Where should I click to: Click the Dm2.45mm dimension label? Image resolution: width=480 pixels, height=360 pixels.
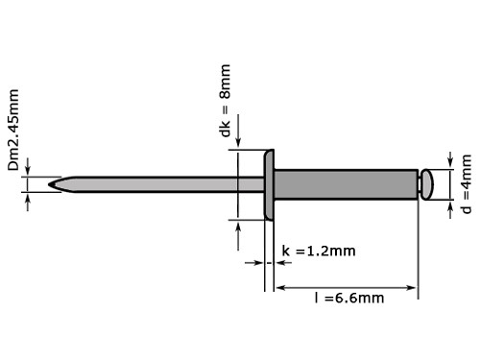(13, 131)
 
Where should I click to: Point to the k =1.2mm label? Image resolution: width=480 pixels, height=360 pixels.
(318, 252)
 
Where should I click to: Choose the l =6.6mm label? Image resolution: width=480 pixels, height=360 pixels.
(349, 298)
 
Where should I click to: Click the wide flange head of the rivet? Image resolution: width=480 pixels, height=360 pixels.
(270, 183)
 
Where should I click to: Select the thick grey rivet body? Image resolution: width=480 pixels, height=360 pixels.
(346, 182)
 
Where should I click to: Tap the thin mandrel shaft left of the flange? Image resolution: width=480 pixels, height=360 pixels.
(154, 182)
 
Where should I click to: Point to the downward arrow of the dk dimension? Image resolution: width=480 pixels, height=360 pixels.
(237, 143)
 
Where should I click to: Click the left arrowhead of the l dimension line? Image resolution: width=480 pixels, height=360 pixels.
(281, 286)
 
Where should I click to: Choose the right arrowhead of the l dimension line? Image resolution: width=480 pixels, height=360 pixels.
(415, 286)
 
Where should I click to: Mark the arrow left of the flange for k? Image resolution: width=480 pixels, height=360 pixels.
(256, 262)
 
